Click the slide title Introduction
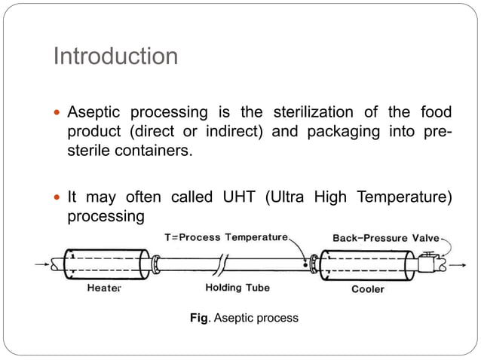115,56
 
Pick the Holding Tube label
237,288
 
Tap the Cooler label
368,288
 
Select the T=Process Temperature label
226,237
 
